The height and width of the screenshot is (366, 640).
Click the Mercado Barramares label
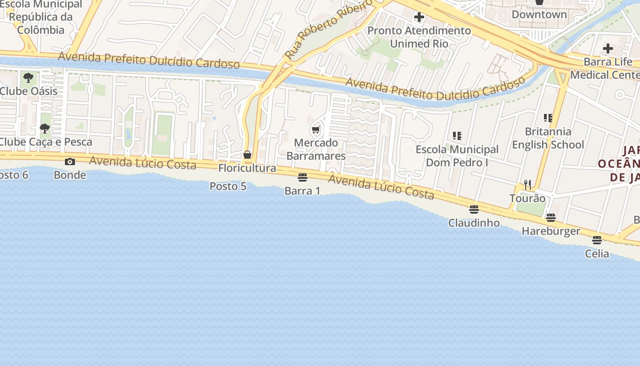pos(316,149)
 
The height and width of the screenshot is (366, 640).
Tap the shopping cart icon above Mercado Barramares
pos(315,130)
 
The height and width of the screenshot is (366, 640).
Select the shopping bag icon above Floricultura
pos(247,155)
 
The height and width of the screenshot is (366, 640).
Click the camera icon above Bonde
pos(70,161)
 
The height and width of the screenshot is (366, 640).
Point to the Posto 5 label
pos(228,186)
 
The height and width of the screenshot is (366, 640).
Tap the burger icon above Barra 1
pos(303,178)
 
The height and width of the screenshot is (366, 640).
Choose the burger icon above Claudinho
pos(474,210)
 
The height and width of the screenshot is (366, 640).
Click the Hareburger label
pos(551,231)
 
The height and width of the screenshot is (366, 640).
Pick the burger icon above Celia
pos(597,240)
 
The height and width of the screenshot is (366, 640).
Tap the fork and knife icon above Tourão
pos(528,184)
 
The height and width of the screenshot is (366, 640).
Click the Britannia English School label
pos(548,138)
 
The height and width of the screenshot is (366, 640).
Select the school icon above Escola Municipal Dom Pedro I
pos(457,136)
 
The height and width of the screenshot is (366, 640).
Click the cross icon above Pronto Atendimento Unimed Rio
pos(419,17)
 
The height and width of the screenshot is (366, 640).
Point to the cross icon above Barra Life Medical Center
pos(608,48)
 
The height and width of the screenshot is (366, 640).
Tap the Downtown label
pos(539,14)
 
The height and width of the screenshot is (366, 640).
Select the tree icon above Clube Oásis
pos(28,77)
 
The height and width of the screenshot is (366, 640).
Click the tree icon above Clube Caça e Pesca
pos(44,129)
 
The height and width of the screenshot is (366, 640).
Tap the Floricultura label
pos(247,168)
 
